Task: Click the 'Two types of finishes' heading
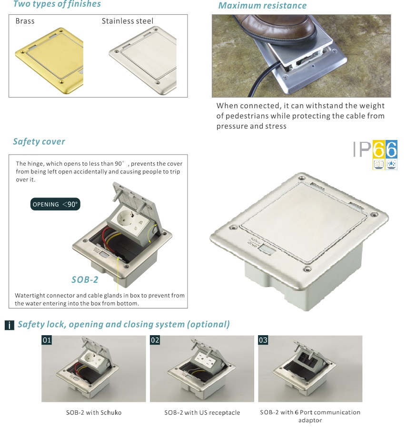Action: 57,4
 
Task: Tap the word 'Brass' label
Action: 25,21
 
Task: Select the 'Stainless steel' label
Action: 128,21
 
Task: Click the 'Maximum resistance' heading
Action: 262,5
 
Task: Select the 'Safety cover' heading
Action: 39,141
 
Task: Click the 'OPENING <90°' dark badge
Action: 55,204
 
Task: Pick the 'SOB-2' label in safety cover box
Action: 85,279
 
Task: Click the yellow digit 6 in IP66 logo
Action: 379,149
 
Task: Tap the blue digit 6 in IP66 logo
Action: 391,149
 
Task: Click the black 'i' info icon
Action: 9,325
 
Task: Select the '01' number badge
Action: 47,340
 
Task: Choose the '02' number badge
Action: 155,340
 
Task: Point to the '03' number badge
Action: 263,340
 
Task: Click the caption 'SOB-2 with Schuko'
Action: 94,412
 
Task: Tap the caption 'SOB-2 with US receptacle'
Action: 202,412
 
